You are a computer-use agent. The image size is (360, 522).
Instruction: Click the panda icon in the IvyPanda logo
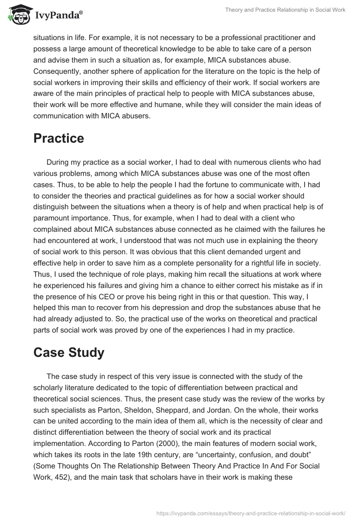click(x=18, y=14)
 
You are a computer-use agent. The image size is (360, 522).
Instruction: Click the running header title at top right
click(x=285, y=10)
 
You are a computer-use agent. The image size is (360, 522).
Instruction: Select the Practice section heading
click(x=58, y=139)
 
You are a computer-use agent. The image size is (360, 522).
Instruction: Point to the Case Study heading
click(x=69, y=352)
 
